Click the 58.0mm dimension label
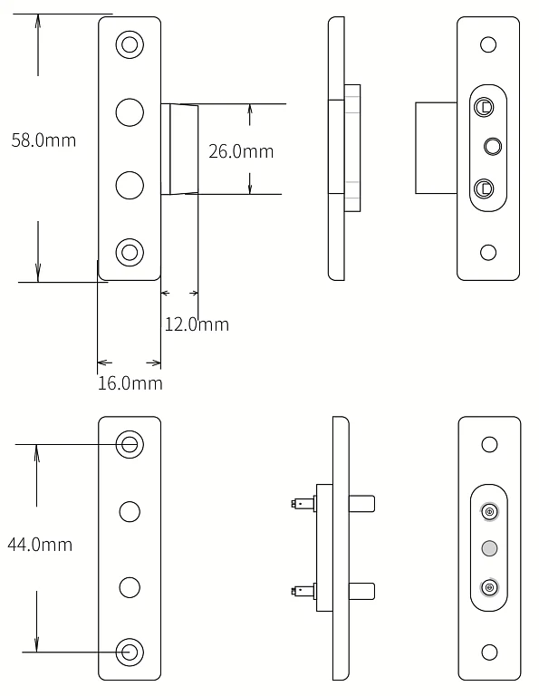click(43, 140)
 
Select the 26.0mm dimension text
click(241, 151)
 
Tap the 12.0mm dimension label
click(197, 324)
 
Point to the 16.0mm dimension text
click(130, 383)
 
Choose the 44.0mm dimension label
click(40, 544)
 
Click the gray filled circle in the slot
click(489, 548)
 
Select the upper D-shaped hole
click(484, 108)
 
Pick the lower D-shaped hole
click(484, 188)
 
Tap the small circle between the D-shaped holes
click(493, 147)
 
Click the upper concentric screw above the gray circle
click(489, 512)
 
